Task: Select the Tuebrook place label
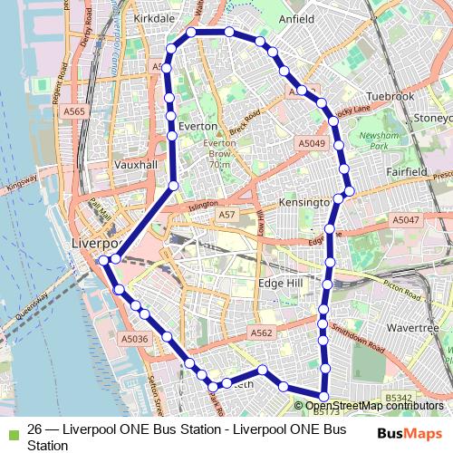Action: [390, 96]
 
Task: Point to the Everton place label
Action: [198, 126]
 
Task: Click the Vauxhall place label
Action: [136, 165]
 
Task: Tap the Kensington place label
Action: [304, 202]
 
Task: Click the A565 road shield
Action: [75, 111]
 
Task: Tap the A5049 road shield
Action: [311, 143]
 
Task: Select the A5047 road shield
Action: [406, 219]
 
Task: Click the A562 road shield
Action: [261, 333]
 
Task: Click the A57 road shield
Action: [227, 215]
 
